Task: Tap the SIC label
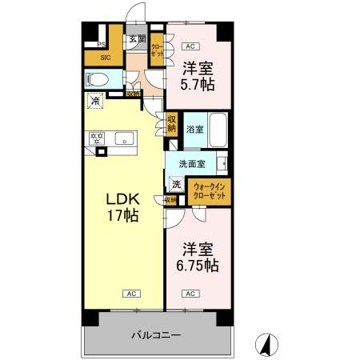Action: (x=106, y=57)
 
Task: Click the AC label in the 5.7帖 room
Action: (x=190, y=46)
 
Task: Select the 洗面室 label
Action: (x=191, y=164)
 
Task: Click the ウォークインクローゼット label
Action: (x=210, y=191)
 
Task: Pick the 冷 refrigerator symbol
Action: (x=96, y=102)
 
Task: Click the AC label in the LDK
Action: (x=127, y=294)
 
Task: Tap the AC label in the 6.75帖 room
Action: (x=190, y=294)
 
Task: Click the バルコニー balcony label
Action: (x=156, y=334)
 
